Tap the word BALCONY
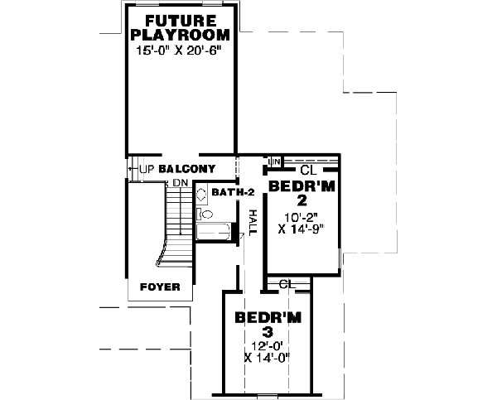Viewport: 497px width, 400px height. (x=187, y=169)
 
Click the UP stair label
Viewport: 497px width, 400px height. (x=147, y=169)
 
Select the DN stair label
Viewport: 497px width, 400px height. (x=180, y=181)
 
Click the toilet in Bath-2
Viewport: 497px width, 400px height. (x=205, y=214)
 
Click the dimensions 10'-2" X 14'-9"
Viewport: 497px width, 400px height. (x=302, y=224)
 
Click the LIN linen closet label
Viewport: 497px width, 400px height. (x=274, y=160)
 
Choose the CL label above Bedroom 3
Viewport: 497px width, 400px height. (x=287, y=284)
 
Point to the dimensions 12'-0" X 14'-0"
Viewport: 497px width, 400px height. (x=268, y=352)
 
